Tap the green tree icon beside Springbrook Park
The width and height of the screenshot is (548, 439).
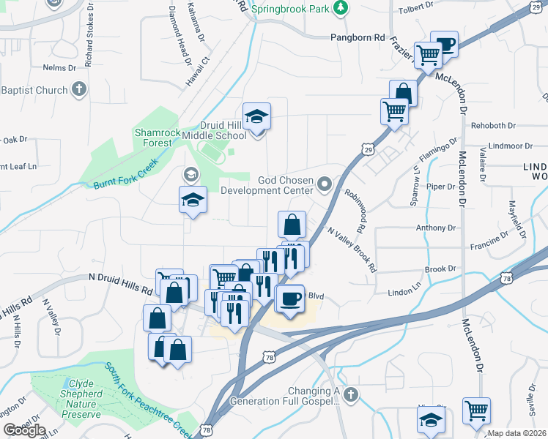pos(340,8)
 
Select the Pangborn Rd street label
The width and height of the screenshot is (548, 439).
pos(357,37)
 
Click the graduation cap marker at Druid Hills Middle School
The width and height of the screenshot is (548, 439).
pos(257,117)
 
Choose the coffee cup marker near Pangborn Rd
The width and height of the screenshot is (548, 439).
pos(444,45)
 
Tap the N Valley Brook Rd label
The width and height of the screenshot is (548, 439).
pos(353,249)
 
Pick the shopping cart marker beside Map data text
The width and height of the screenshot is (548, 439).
pos(477,410)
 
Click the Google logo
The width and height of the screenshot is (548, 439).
pos(24,430)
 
